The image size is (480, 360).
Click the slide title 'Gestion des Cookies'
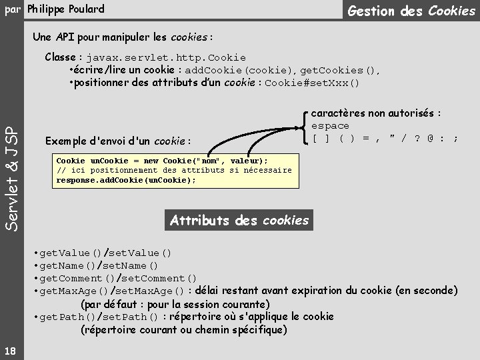tap(411, 11)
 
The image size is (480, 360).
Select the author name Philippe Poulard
tap(66, 9)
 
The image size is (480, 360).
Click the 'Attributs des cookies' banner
tap(239, 220)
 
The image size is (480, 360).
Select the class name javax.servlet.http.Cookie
tap(165, 58)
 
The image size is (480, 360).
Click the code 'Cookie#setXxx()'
tap(312, 83)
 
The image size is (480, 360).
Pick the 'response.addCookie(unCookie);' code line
tap(126, 180)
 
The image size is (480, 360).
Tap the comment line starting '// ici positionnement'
tap(174, 170)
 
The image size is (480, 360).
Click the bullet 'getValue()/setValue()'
tap(105, 253)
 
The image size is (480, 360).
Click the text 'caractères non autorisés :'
tap(376, 113)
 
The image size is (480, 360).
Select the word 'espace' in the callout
tap(330, 126)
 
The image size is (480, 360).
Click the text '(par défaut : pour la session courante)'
tap(175, 304)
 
